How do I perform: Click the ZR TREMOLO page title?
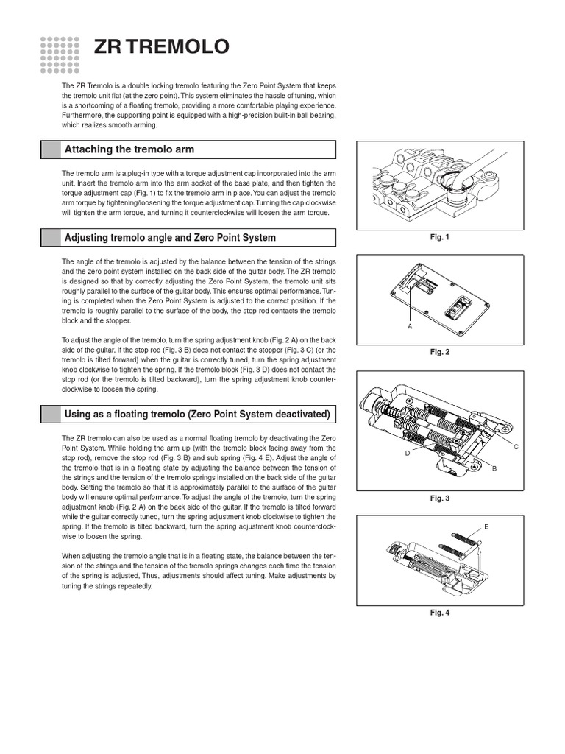161,48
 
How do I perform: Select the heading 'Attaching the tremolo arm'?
129,149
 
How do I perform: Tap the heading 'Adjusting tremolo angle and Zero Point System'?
170,237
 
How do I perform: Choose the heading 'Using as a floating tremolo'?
197,414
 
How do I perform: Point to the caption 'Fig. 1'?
439,237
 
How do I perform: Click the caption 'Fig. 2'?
439,352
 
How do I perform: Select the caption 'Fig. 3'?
439,498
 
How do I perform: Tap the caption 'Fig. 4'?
439,613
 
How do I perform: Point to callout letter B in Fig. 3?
494,468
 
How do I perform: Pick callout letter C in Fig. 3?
516,447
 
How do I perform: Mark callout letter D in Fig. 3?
407,454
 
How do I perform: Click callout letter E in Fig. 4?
486,526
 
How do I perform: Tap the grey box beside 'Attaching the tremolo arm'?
51,149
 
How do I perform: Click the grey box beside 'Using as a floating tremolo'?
51,414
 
